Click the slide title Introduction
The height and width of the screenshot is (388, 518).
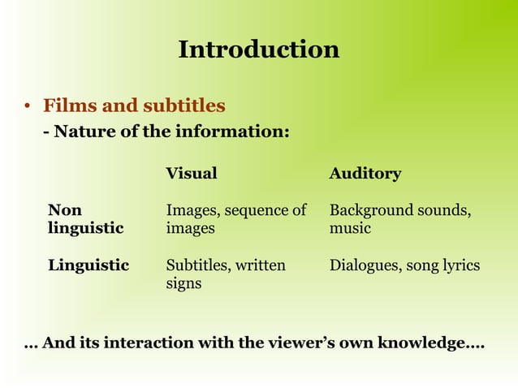pyautogui.click(x=258, y=50)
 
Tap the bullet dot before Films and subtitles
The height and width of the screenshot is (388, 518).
pyautogui.click(x=27, y=107)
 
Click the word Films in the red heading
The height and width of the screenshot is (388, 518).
pyautogui.click(x=67, y=106)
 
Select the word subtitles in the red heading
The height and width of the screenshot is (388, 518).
pyautogui.click(x=184, y=106)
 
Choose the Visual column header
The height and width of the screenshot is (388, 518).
pyautogui.click(x=192, y=173)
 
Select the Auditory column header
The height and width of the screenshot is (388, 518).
pyautogui.click(x=365, y=173)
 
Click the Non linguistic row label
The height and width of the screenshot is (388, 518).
pyautogui.click(x=85, y=219)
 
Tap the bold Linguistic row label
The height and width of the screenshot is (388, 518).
pyautogui.click(x=88, y=265)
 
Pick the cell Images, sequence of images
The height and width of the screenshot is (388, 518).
pyautogui.click(x=235, y=219)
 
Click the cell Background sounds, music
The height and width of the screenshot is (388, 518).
pyautogui.click(x=400, y=219)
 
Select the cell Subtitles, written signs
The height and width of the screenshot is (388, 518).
pyautogui.click(x=226, y=274)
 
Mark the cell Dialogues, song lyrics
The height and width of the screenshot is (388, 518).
pyautogui.click(x=404, y=265)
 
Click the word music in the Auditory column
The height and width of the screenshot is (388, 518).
pyautogui.click(x=350, y=228)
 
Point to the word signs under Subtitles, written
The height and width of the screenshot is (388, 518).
pyautogui.click(x=183, y=284)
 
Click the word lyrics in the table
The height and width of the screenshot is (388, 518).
pyautogui.click(x=461, y=265)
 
